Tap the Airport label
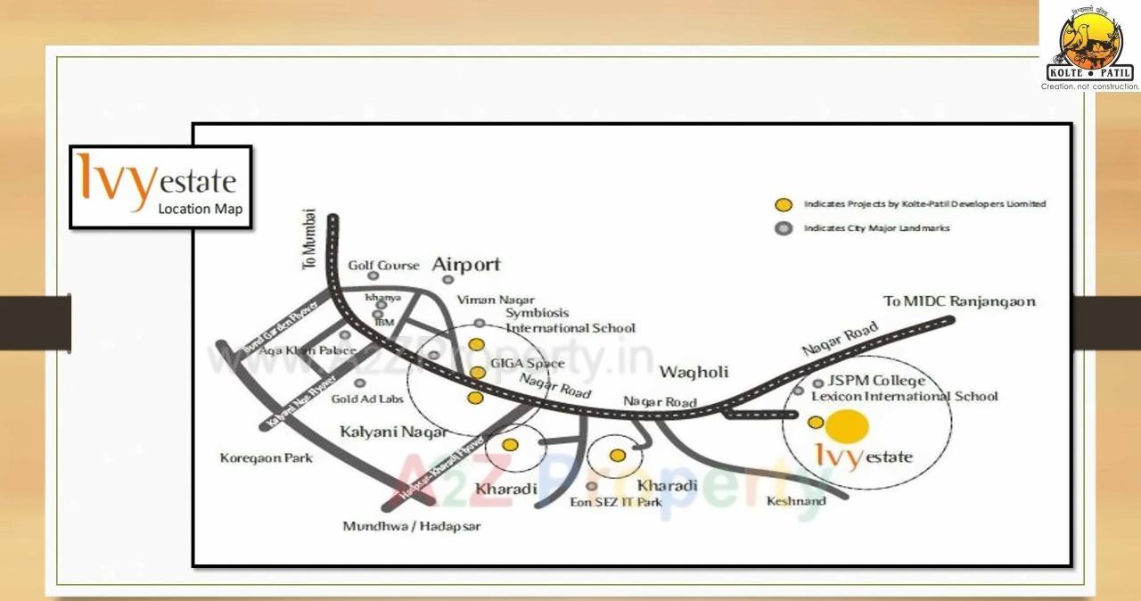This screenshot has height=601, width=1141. [466, 264]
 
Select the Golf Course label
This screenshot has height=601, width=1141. [383, 266]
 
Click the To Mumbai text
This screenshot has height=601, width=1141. [309, 239]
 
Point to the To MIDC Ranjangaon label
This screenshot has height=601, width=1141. [959, 301]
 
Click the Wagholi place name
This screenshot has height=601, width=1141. [694, 372]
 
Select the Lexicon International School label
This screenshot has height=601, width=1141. [904, 396]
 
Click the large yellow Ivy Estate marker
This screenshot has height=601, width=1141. [846, 427]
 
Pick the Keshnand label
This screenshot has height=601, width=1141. [796, 501]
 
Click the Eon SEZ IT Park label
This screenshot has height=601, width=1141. [616, 502]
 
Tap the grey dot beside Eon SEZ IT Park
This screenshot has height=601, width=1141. [592, 486]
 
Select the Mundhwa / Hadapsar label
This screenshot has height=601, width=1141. [411, 526]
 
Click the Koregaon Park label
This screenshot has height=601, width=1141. [266, 458]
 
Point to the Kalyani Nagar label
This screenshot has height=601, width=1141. [393, 432]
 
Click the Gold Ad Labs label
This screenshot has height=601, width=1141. [367, 399]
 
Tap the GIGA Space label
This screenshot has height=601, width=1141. [532, 364]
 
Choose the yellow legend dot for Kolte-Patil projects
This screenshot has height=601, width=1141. [784, 204]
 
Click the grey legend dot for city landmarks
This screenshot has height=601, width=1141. [784, 228]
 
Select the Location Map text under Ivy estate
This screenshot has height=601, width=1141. [200, 209]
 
